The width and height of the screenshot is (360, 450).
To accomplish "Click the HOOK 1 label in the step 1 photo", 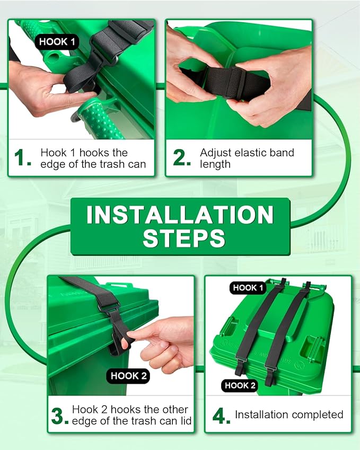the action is click(57, 42).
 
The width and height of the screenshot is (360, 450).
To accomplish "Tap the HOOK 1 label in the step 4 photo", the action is click(248, 288).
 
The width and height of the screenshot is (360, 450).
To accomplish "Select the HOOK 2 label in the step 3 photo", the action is click(129, 376).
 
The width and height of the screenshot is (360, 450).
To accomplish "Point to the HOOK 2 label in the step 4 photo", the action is click(240, 385).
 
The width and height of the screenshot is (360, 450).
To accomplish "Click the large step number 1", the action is click(22, 158).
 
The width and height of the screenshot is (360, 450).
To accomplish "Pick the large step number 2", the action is click(182, 158).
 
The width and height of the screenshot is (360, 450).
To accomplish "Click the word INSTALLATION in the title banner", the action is click(180, 214).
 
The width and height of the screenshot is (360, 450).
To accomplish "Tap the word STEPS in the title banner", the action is click(184, 238).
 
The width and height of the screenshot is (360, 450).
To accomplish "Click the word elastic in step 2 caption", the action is click(254, 153).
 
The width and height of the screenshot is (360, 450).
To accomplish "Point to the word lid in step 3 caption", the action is click(186, 421).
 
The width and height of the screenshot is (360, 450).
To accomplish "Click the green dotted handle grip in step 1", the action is click(99, 119).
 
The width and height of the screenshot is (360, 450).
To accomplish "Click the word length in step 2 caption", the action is click(215, 164).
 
